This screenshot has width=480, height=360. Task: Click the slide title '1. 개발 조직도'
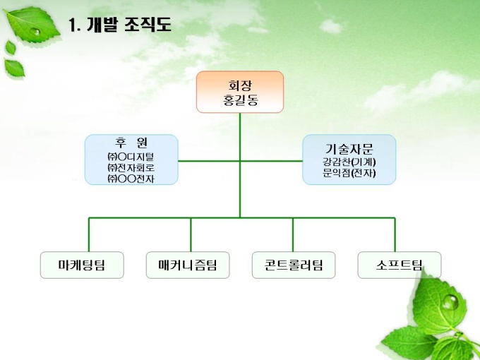click(119, 26)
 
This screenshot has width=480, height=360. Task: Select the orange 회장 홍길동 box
click(239, 92)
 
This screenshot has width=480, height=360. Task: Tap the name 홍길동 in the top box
click(240, 100)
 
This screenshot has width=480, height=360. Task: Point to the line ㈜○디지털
click(131, 156)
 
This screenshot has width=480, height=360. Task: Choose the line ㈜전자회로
click(131, 167)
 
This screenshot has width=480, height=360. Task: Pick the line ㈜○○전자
click(131, 179)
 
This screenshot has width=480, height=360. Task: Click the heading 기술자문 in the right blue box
click(349, 148)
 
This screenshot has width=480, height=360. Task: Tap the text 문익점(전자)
click(349, 172)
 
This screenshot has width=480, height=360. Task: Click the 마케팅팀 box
click(82, 265)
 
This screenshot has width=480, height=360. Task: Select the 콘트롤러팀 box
click(294, 265)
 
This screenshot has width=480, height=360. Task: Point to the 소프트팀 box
click(400, 265)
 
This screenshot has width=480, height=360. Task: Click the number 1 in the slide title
click(72, 26)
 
